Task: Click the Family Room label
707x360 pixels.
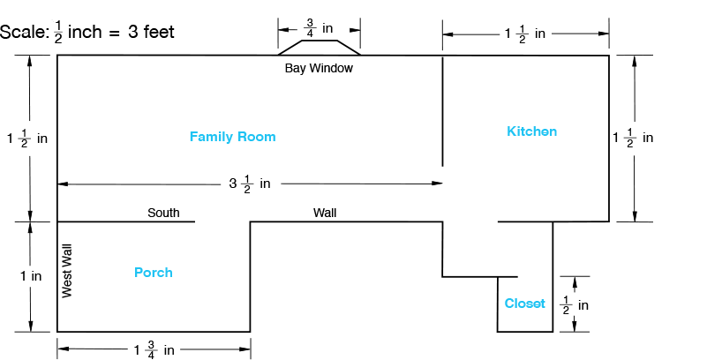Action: [232, 137]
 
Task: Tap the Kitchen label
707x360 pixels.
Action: [531, 131]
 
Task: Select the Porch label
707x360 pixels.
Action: [154, 273]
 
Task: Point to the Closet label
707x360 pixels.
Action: [525, 304]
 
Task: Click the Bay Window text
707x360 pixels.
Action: [319, 68]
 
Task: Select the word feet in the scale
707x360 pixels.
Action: [155, 33]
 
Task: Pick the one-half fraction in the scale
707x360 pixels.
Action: [58, 33]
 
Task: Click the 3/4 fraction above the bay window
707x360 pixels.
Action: [310, 28]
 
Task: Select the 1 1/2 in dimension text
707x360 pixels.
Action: [525, 34]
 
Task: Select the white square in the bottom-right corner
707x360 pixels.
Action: [678, 336]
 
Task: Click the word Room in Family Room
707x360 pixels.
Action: [256, 137]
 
